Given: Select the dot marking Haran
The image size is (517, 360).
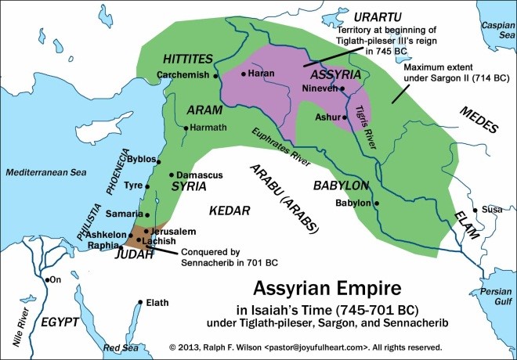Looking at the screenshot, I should tap(244, 74).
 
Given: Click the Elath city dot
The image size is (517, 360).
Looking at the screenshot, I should tap(139, 301).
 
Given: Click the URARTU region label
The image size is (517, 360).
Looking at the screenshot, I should tap(356, 16).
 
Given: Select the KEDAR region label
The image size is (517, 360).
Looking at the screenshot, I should tap(229, 211).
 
